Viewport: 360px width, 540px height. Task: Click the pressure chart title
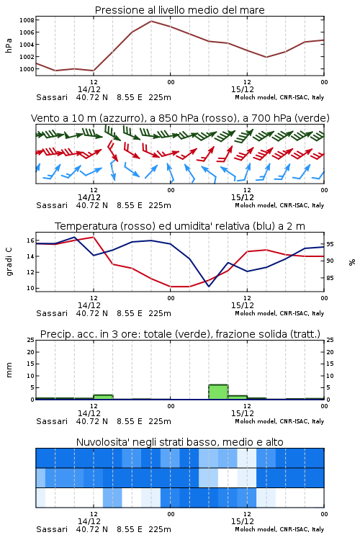pos(179,10)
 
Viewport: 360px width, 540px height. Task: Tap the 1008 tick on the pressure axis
pos(27,20)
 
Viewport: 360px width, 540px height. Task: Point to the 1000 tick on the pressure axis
pos(27,69)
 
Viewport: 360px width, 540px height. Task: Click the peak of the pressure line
pos(151,21)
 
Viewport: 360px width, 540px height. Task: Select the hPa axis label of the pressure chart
pos(9,45)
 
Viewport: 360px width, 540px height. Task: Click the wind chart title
pos(180,118)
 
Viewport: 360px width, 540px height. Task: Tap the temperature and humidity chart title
pos(180,226)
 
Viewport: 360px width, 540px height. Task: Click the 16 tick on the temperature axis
pos(30,240)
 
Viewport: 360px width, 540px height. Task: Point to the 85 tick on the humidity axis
pos(330,278)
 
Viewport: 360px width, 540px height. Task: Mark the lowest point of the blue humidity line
pos(208,287)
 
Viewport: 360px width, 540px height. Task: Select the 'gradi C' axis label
pos(9,262)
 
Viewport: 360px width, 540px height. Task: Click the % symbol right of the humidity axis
pos(352,262)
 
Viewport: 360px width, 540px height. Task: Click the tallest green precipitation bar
pos(218,392)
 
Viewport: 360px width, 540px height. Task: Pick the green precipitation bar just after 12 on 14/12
pos(103,397)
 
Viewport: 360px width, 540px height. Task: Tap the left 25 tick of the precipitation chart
pos(30,340)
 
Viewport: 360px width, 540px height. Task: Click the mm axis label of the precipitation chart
pos(9,370)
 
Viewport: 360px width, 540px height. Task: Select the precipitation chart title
pos(180,334)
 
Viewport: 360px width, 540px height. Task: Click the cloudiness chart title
pos(180,442)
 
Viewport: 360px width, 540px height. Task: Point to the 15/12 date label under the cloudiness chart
pos(243,521)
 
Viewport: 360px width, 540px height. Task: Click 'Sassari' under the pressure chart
pos(52,97)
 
